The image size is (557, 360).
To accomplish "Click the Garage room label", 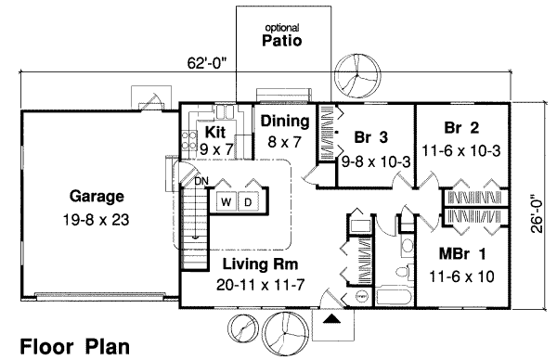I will pos(97,197).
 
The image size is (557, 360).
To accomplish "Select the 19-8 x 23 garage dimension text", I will pos(97,221).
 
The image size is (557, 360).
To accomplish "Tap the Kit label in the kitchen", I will pos(215,133).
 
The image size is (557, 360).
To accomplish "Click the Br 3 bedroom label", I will pos(370,139).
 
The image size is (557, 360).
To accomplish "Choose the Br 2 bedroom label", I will pos(461,127).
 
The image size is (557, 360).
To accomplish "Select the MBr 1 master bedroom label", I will pos(461,252).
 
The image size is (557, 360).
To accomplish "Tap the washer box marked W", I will pos(226,201).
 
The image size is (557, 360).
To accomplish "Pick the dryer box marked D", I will pos(249,201).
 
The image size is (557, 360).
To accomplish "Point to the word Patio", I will pos(283,42).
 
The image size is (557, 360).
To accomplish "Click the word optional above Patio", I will pos(283,27).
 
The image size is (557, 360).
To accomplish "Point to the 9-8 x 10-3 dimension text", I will pos(377,161).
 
